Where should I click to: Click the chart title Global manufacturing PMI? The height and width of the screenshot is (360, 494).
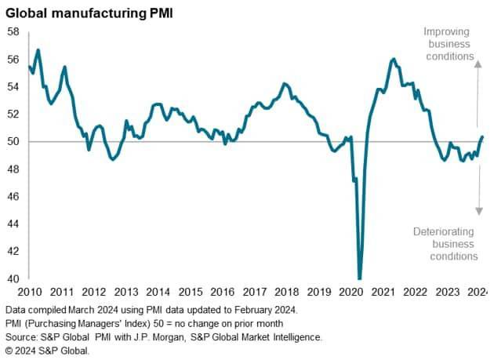tap(89, 13)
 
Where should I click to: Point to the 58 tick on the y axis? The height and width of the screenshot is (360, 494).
tap(13, 32)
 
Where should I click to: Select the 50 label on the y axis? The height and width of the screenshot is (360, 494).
tap(13, 141)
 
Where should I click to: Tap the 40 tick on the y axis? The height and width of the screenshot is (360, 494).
tap(13, 278)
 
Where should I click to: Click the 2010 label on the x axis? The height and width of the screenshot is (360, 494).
tap(30, 292)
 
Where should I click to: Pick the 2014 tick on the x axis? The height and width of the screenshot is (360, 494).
tap(158, 292)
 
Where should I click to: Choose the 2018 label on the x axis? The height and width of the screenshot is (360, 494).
tap(286, 292)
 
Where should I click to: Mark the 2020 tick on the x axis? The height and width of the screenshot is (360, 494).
tap(351, 292)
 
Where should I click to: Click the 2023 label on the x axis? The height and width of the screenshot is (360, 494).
tap(448, 292)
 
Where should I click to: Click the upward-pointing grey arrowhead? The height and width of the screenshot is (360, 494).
tap(478, 64)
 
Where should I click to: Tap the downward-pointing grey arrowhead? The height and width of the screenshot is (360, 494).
tap(479, 211)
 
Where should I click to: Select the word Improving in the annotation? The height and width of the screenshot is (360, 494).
tap(446, 32)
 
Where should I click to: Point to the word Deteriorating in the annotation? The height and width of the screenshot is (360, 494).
tap(444, 231)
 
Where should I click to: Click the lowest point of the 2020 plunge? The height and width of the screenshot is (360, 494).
tap(359, 278)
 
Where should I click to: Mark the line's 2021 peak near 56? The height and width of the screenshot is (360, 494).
tap(394, 60)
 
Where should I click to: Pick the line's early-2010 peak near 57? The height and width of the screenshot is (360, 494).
tap(38, 50)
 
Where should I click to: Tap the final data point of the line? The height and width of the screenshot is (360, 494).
tap(482, 136)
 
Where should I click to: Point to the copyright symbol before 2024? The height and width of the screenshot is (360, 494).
tap(9, 351)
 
